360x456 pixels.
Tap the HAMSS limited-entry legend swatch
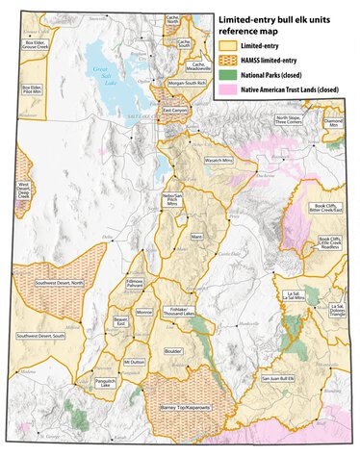click(228, 58)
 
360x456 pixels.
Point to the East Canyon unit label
click(175, 112)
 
